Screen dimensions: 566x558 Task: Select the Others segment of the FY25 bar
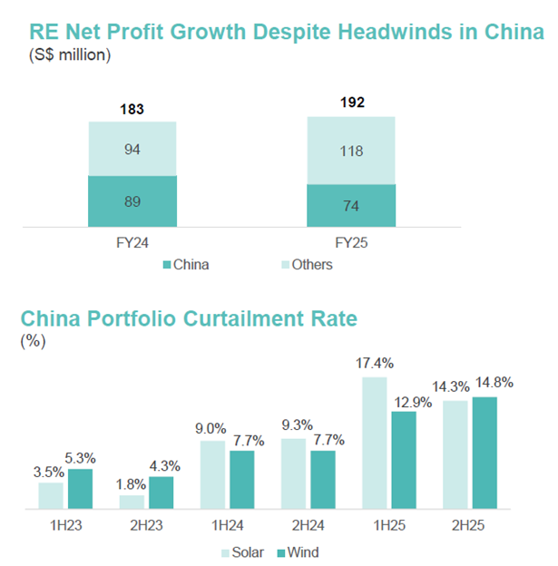[x=351, y=150]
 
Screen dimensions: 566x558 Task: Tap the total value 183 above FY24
[x=132, y=110]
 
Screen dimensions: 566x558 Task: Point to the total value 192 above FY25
[x=351, y=102]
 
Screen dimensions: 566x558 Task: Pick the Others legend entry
[x=308, y=265]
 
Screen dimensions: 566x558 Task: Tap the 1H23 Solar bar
[x=51, y=495]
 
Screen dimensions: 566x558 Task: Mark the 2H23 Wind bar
[x=161, y=493]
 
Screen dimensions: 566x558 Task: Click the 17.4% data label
[x=374, y=363]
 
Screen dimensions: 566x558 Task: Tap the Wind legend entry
[x=299, y=552]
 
